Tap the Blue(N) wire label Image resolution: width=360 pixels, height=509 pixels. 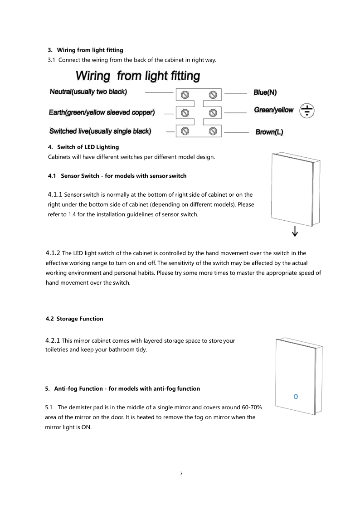(x=265, y=92)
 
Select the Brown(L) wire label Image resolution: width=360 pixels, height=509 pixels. (x=269, y=132)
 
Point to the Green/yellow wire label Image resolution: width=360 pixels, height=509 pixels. (x=273, y=110)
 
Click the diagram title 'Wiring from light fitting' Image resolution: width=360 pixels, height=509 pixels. (x=137, y=76)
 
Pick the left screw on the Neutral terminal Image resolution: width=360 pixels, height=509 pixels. (x=185, y=94)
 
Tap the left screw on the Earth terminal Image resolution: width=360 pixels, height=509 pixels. (x=185, y=112)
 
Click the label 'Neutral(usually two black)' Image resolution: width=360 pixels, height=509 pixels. (x=88, y=92)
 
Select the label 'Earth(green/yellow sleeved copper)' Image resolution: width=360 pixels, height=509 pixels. (x=102, y=112)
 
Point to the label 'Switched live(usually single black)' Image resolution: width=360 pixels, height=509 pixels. (x=100, y=131)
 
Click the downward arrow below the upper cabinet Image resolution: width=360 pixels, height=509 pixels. (x=295, y=232)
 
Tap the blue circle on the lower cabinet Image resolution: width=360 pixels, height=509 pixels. (x=296, y=397)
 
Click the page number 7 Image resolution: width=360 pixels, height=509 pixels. (x=181, y=474)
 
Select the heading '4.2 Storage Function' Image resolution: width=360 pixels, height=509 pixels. (x=74, y=319)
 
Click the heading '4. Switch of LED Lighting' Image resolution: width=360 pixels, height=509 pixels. (x=83, y=147)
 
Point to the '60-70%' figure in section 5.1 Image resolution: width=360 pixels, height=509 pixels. (x=249, y=406)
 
